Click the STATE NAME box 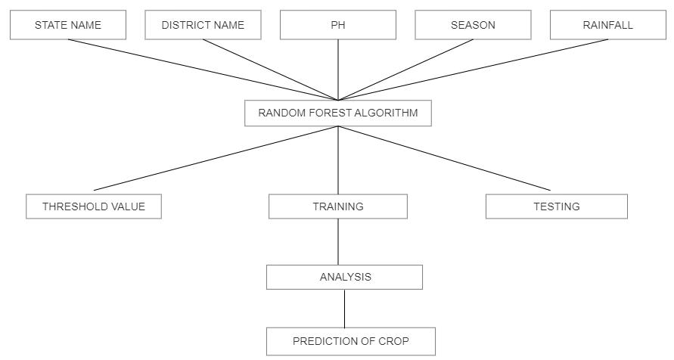click(x=67, y=25)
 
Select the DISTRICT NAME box click(x=203, y=25)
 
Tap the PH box click(x=337, y=25)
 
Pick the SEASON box click(x=473, y=25)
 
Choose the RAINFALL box click(x=607, y=25)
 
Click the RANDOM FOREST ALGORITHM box click(x=337, y=113)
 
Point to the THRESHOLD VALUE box click(x=93, y=206)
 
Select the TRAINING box click(x=337, y=206)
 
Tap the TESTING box click(x=556, y=206)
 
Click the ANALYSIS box click(x=344, y=277)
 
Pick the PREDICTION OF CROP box click(x=350, y=341)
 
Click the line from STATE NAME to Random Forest click(x=202, y=70)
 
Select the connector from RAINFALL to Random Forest click(x=473, y=70)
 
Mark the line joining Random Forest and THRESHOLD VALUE click(x=216, y=158)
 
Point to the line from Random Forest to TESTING click(x=444, y=158)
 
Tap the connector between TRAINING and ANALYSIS click(x=337, y=242)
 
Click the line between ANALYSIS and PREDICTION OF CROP click(x=344, y=309)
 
